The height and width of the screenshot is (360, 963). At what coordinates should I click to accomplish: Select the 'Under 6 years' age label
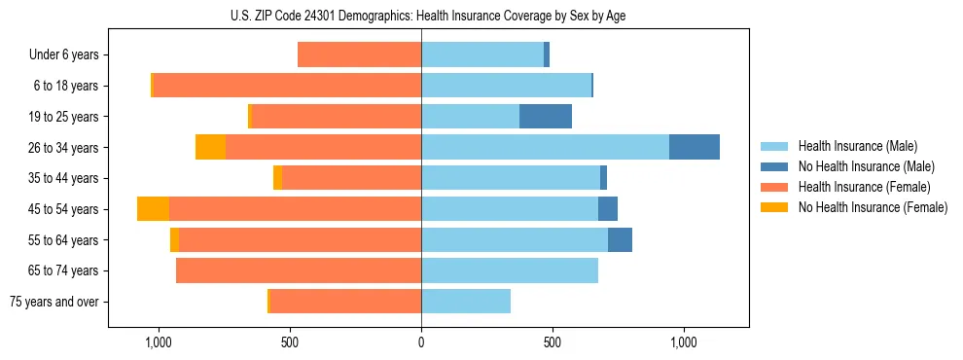point(64,55)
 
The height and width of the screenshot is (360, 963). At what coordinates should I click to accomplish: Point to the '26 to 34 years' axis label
point(64,148)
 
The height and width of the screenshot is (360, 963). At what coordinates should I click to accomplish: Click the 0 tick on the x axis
point(421,342)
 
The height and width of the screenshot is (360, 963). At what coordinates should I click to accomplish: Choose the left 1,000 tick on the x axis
point(159,342)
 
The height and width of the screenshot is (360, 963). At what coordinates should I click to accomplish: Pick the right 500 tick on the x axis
point(553,342)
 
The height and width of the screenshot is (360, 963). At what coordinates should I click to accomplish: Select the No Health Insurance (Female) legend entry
point(873,207)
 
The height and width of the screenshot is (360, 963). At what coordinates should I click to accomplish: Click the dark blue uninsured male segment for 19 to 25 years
point(546,117)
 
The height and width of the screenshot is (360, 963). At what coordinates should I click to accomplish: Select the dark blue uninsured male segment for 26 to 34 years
point(695,147)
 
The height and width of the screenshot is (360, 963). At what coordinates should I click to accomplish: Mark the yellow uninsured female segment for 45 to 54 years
point(153,209)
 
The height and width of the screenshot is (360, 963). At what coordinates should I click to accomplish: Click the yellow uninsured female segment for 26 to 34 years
point(210,147)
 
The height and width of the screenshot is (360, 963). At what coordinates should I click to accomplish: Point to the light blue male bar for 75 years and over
point(466,302)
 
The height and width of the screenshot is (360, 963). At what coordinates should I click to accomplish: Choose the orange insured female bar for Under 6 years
point(359,55)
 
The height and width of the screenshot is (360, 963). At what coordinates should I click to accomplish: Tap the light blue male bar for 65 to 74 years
point(510,270)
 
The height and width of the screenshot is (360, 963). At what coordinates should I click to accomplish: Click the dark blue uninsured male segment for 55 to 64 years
point(620,239)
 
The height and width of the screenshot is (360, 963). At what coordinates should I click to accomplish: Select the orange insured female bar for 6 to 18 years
point(287,86)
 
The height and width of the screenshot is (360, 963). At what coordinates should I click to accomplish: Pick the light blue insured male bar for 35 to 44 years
point(511,178)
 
